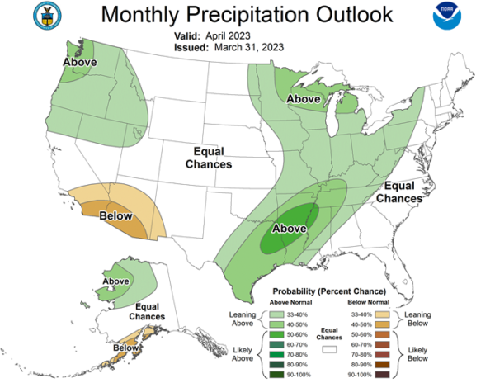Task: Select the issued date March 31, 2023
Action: (246, 48)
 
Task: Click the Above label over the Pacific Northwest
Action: (81, 63)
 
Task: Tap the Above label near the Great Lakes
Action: (304, 99)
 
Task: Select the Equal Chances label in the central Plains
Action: (213, 158)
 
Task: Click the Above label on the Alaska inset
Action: (115, 281)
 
